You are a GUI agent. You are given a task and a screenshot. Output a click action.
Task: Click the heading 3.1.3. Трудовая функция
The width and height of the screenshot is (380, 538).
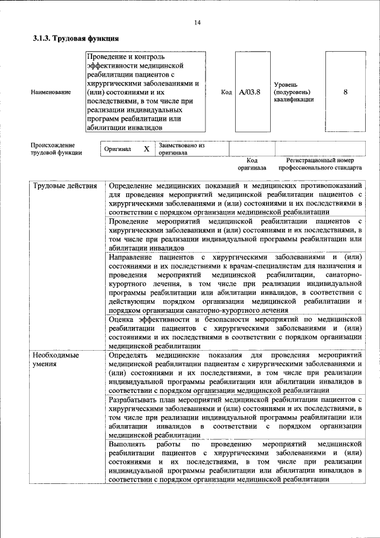click(x=75, y=39)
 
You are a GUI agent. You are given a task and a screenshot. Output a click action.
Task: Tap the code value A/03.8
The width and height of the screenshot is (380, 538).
click(x=249, y=92)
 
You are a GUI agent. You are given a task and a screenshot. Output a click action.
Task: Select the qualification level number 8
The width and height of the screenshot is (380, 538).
click(x=345, y=92)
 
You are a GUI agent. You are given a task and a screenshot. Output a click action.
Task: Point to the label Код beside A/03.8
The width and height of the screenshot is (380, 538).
click(x=226, y=92)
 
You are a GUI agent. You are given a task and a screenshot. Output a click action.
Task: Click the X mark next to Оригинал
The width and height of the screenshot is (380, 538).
click(x=146, y=149)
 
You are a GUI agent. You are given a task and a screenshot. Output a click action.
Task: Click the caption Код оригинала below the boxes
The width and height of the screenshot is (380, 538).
click(x=252, y=164)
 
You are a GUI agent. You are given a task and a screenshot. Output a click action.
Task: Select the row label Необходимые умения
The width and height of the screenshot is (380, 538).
click(x=56, y=359)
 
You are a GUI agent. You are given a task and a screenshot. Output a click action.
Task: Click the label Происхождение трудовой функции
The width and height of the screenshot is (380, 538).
click(x=53, y=149)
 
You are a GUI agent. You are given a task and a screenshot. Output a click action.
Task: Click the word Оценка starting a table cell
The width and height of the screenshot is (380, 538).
click(x=123, y=319)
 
